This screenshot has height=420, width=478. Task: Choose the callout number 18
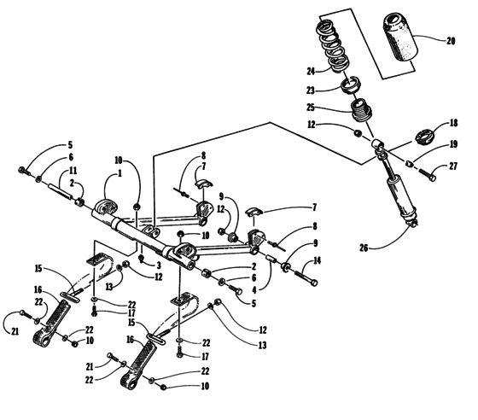click(454, 123)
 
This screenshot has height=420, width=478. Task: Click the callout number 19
click(454, 145)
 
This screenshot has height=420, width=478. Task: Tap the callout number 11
click(82, 172)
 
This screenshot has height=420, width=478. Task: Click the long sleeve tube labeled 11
click(63, 195)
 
